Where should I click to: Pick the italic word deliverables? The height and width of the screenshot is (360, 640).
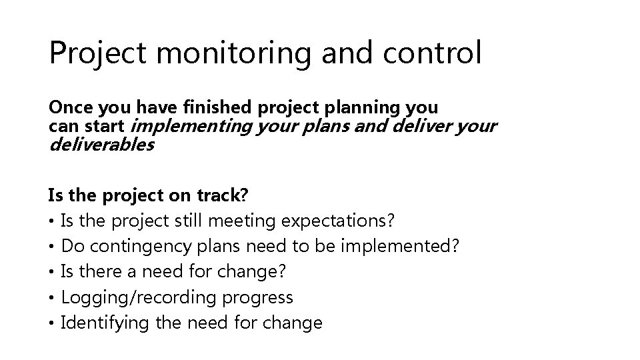click(101, 144)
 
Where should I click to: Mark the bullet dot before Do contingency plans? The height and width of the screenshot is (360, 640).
click(51, 247)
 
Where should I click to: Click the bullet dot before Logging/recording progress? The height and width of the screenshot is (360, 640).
click(51, 298)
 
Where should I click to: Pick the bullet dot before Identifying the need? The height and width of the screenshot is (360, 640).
click(51, 324)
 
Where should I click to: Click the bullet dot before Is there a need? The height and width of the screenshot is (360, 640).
click(51, 273)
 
